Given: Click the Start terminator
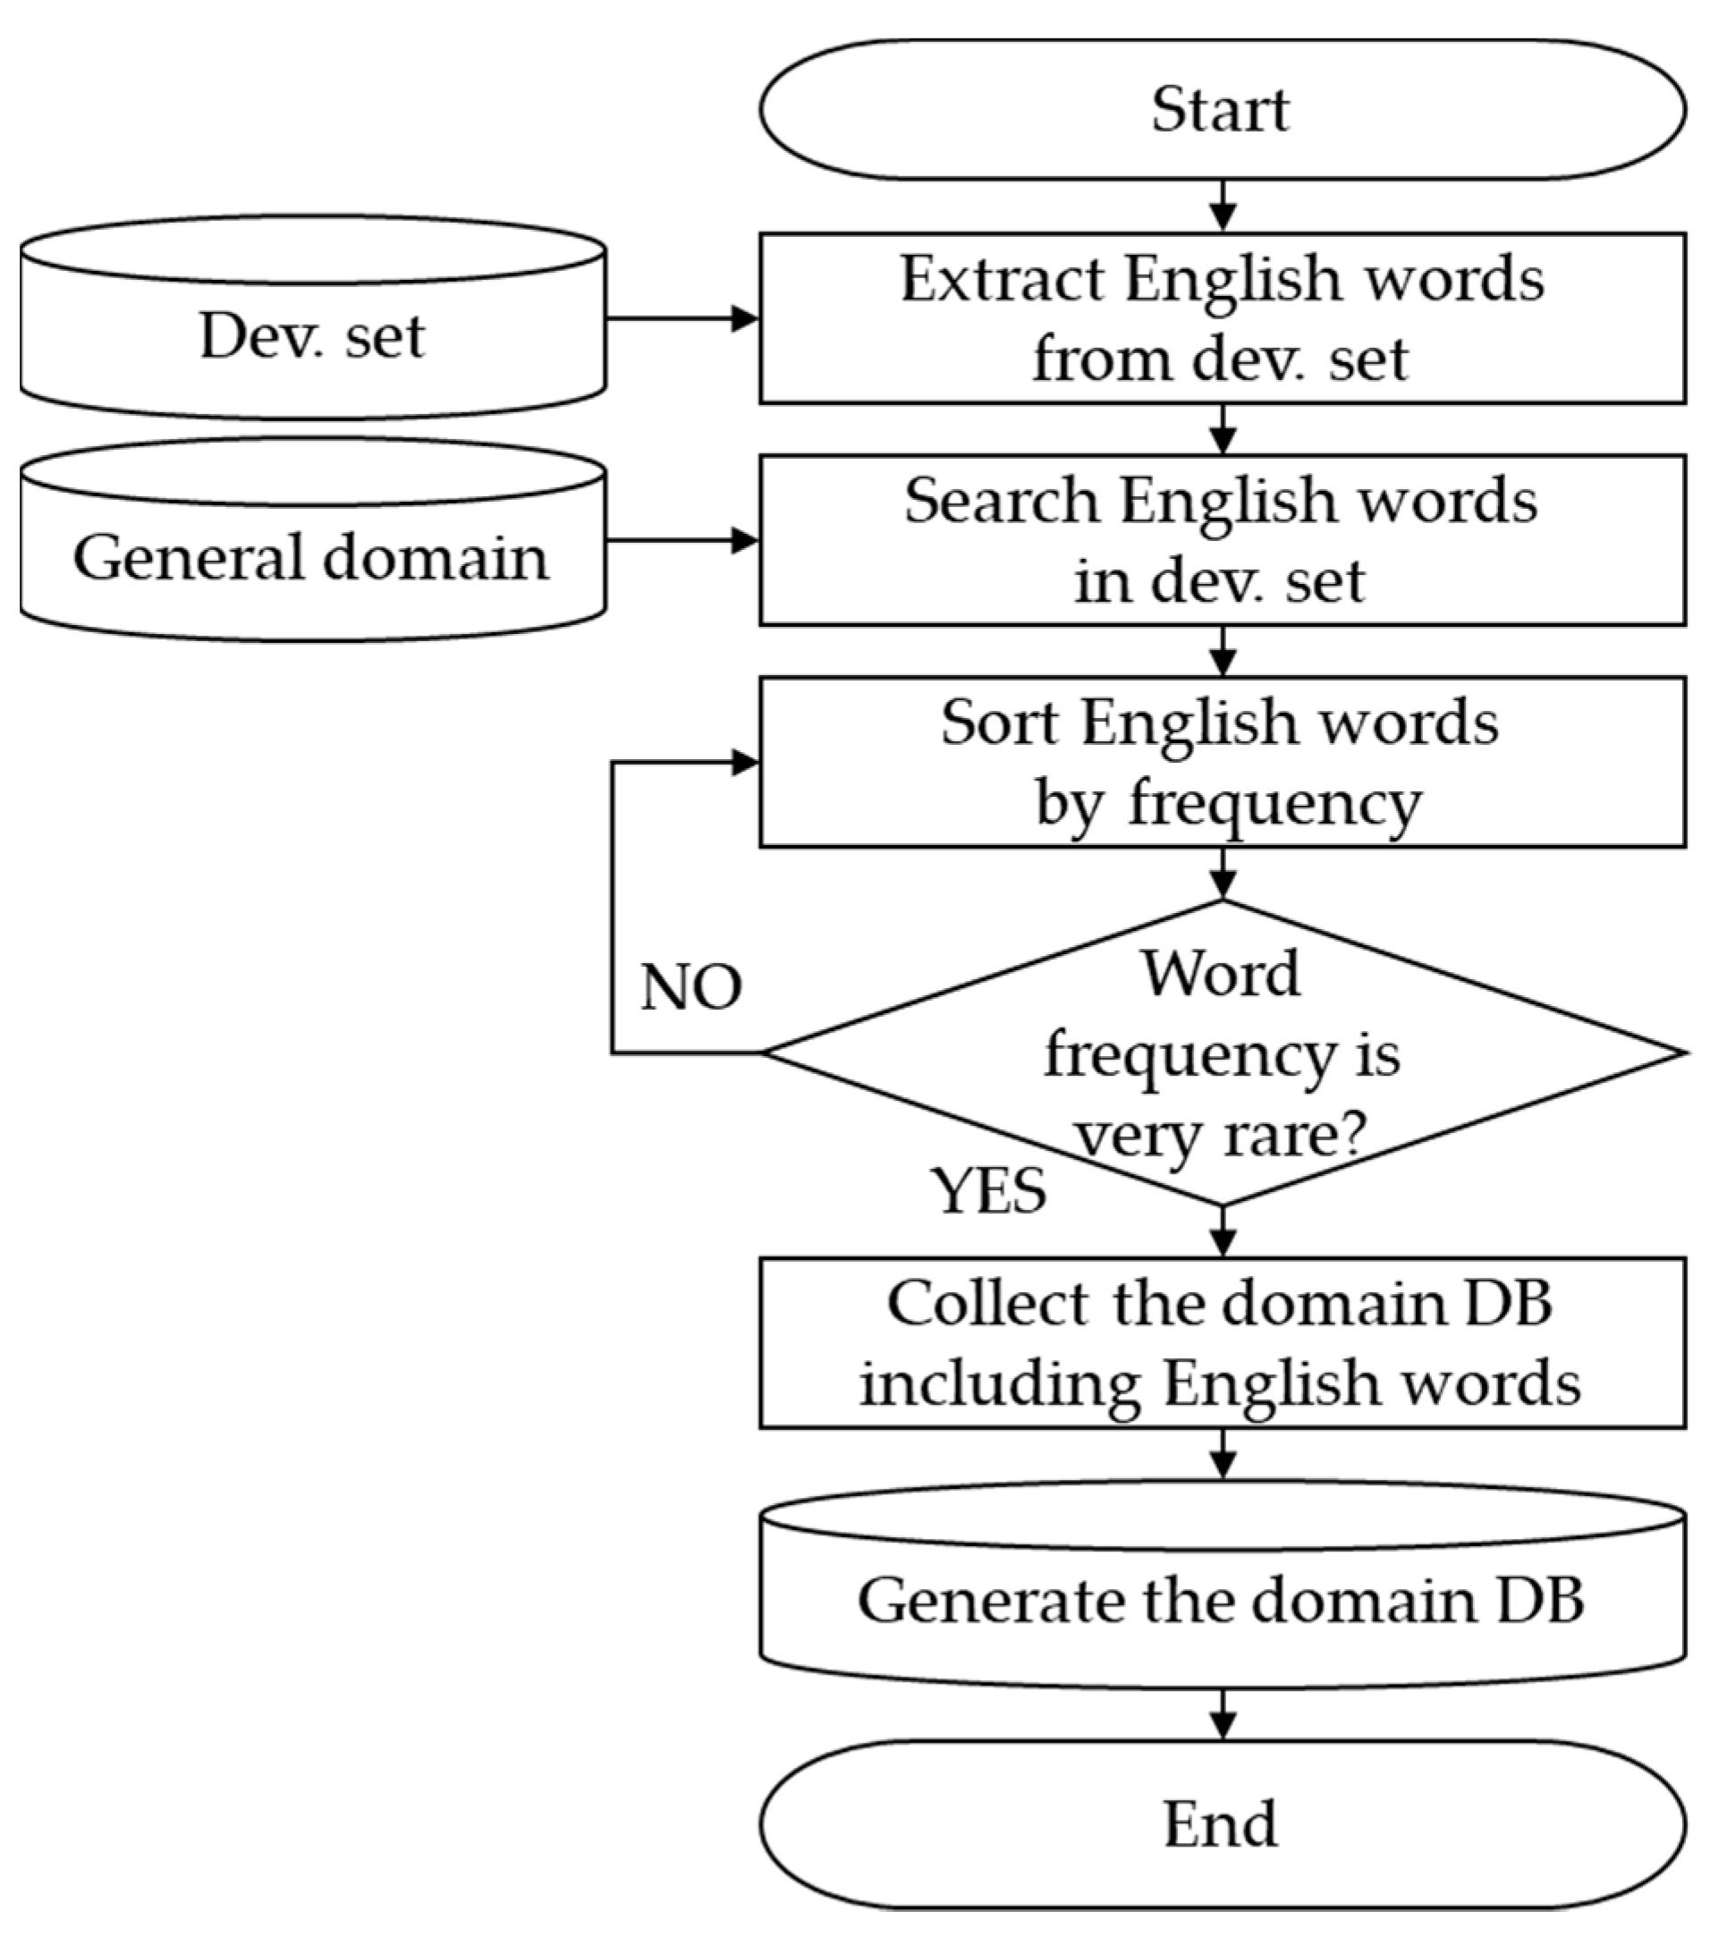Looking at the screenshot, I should point(1221,109).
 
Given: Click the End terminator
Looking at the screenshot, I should point(1221,1824).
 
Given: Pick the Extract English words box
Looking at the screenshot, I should point(1221,318).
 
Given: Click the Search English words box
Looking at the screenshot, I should point(1221,540).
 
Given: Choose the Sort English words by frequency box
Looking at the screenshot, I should point(1221,762).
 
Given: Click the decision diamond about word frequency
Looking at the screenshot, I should point(1221,1053).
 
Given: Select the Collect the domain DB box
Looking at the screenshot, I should point(1221,1343).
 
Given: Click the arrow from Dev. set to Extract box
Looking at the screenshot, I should point(682,319).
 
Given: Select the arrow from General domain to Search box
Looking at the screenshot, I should point(682,541).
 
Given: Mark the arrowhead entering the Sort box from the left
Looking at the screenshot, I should point(747,763).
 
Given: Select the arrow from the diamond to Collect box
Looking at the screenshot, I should point(1223,1232).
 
